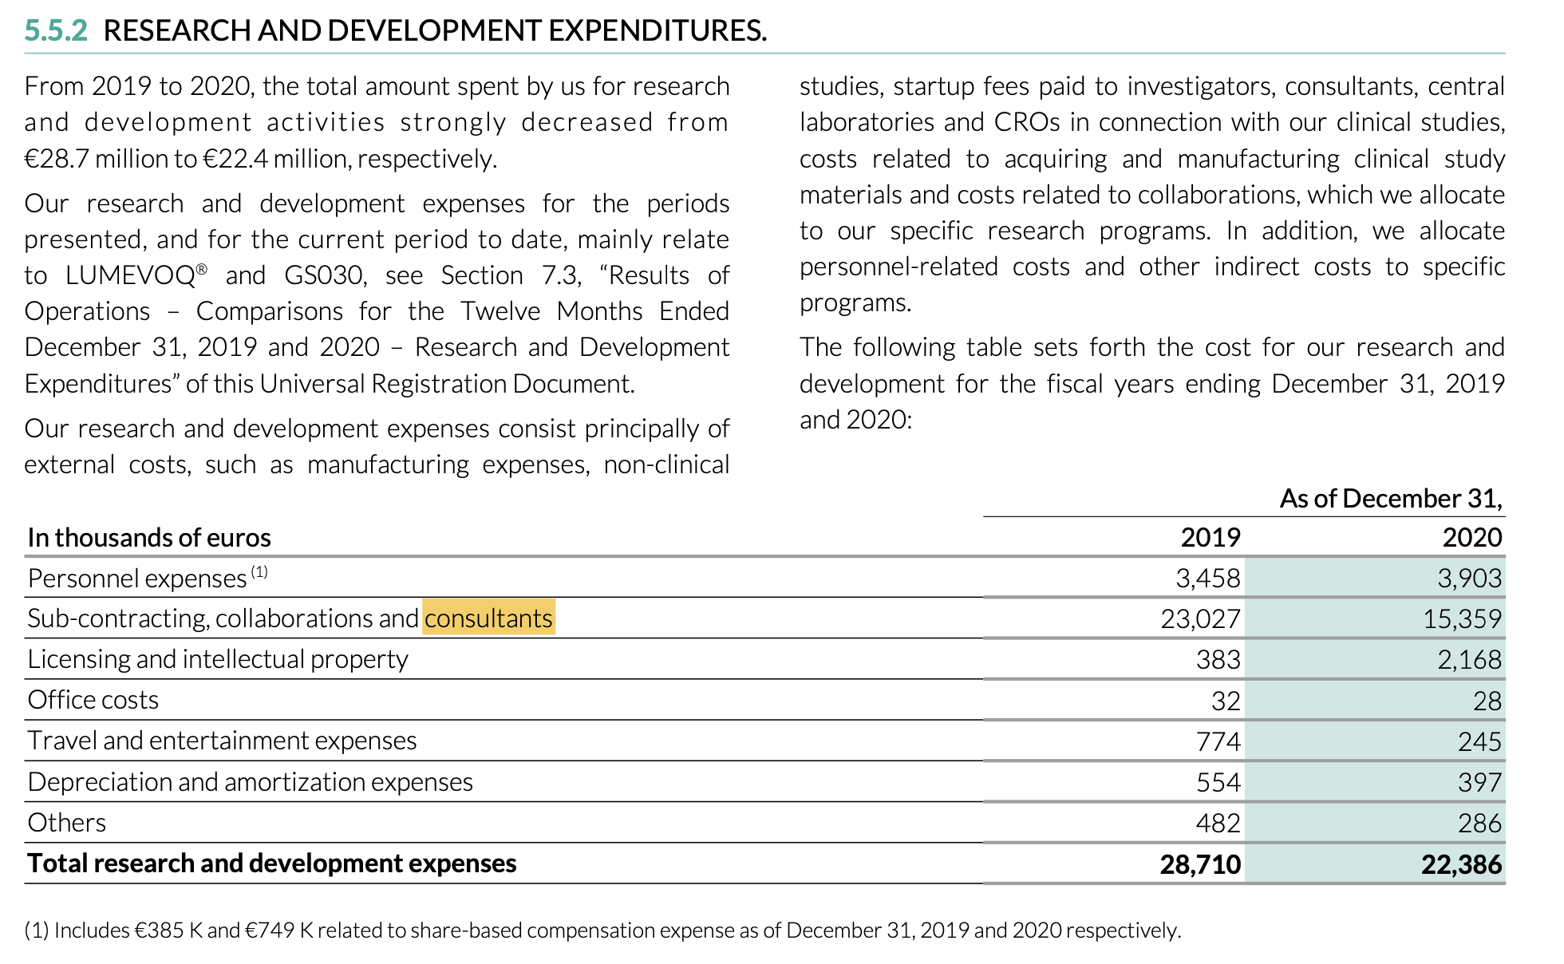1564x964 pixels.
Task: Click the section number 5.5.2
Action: point(56,30)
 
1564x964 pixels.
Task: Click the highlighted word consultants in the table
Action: point(488,618)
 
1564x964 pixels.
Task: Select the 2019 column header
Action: point(1211,537)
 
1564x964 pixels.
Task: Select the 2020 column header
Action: point(1472,537)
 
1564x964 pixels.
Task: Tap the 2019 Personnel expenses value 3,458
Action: point(1208,578)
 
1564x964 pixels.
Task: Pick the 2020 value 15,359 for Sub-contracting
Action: point(1463,618)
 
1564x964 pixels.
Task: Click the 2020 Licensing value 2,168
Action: point(1470,659)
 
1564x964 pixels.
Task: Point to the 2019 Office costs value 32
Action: point(1226,701)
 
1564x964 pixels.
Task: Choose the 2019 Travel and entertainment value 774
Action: point(1218,741)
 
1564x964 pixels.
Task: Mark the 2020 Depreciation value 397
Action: point(1480,782)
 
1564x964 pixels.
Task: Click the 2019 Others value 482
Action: point(1218,823)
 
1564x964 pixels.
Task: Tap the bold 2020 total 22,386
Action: point(1462,864)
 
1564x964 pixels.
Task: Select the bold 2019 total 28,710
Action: point(1201,864)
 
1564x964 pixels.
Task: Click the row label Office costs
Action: point(93,700)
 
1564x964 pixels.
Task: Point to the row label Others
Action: point(67,823)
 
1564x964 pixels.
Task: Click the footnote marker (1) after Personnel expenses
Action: point(259,571)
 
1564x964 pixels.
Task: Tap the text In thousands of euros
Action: point(149,538)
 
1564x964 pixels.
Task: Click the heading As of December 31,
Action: point(1392,499)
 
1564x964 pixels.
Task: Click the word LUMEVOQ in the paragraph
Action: point(131,275)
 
